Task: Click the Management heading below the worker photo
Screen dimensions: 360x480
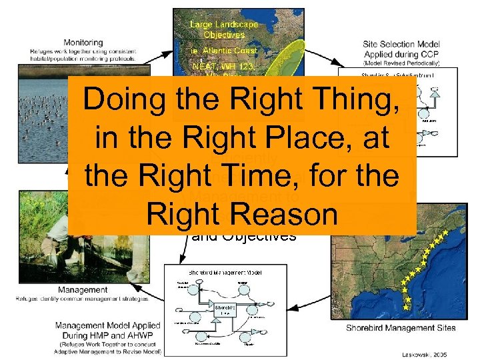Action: click(83, 290)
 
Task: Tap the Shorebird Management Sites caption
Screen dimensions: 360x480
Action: click(401, 327)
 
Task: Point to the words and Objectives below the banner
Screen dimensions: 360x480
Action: click(243, 235)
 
